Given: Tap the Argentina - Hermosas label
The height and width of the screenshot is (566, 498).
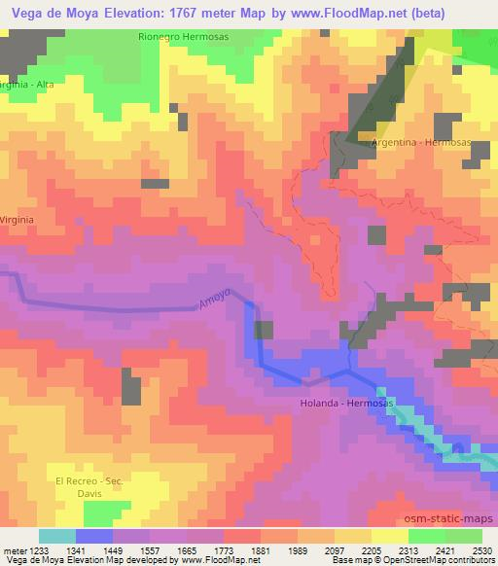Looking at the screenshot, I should click(x=420, y=142).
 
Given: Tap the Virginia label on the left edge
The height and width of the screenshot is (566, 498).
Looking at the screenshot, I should click(x=18, y=220).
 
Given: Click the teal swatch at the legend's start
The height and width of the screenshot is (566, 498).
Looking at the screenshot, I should click(x=57, y=535).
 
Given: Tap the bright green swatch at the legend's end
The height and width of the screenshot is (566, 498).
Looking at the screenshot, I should click(x=464, y=535).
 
